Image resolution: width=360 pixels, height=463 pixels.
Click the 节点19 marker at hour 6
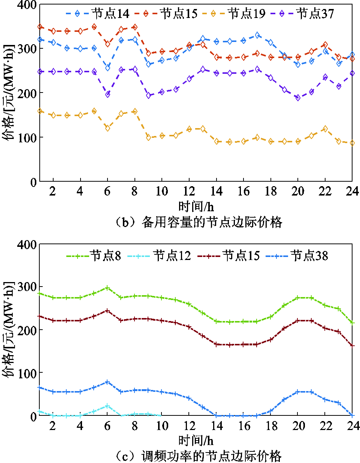pyautogui.click(x=108, y=128)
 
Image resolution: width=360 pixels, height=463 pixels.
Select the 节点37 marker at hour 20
pyautogui.click(x=298, y=98)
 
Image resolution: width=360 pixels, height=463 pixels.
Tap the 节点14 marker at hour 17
pyautogui.click(x=257, y=35)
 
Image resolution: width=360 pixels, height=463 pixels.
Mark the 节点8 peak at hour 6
pyautogui.click(x=108, y=288)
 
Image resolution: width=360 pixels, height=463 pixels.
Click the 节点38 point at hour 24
pyautogui.click(x=352, y=415)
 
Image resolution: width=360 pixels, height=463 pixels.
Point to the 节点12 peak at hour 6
pyautogui.click(x=108, y=406)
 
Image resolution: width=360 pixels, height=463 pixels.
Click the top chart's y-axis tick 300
pyautogui.click(x=27, y=49)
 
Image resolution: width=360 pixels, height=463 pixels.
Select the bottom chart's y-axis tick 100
pyautogui.click(x=27, y=373)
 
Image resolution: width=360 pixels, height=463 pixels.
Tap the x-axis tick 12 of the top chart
pyautogui.click(x=189, y=191)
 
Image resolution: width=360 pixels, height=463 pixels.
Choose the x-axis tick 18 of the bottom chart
pyautogui.click(x=271, y=426)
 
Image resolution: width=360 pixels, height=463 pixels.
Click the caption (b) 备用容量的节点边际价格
pyautogui.click(x=198, y=223)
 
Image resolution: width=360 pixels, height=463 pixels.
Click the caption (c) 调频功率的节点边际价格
pyautogui.click(x=198, y=456)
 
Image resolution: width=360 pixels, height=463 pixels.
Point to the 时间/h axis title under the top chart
pyautogui.click(x=196, y=206)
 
